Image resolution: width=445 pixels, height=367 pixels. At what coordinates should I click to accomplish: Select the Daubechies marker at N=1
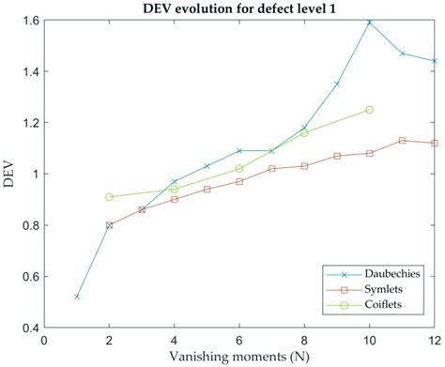[77, 297]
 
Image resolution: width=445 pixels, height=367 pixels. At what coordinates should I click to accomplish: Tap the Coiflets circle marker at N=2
[110, 197]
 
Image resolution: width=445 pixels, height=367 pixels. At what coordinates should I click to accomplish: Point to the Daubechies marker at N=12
[434, 61]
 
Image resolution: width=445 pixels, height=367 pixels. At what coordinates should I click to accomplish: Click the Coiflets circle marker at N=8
[304, 132]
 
